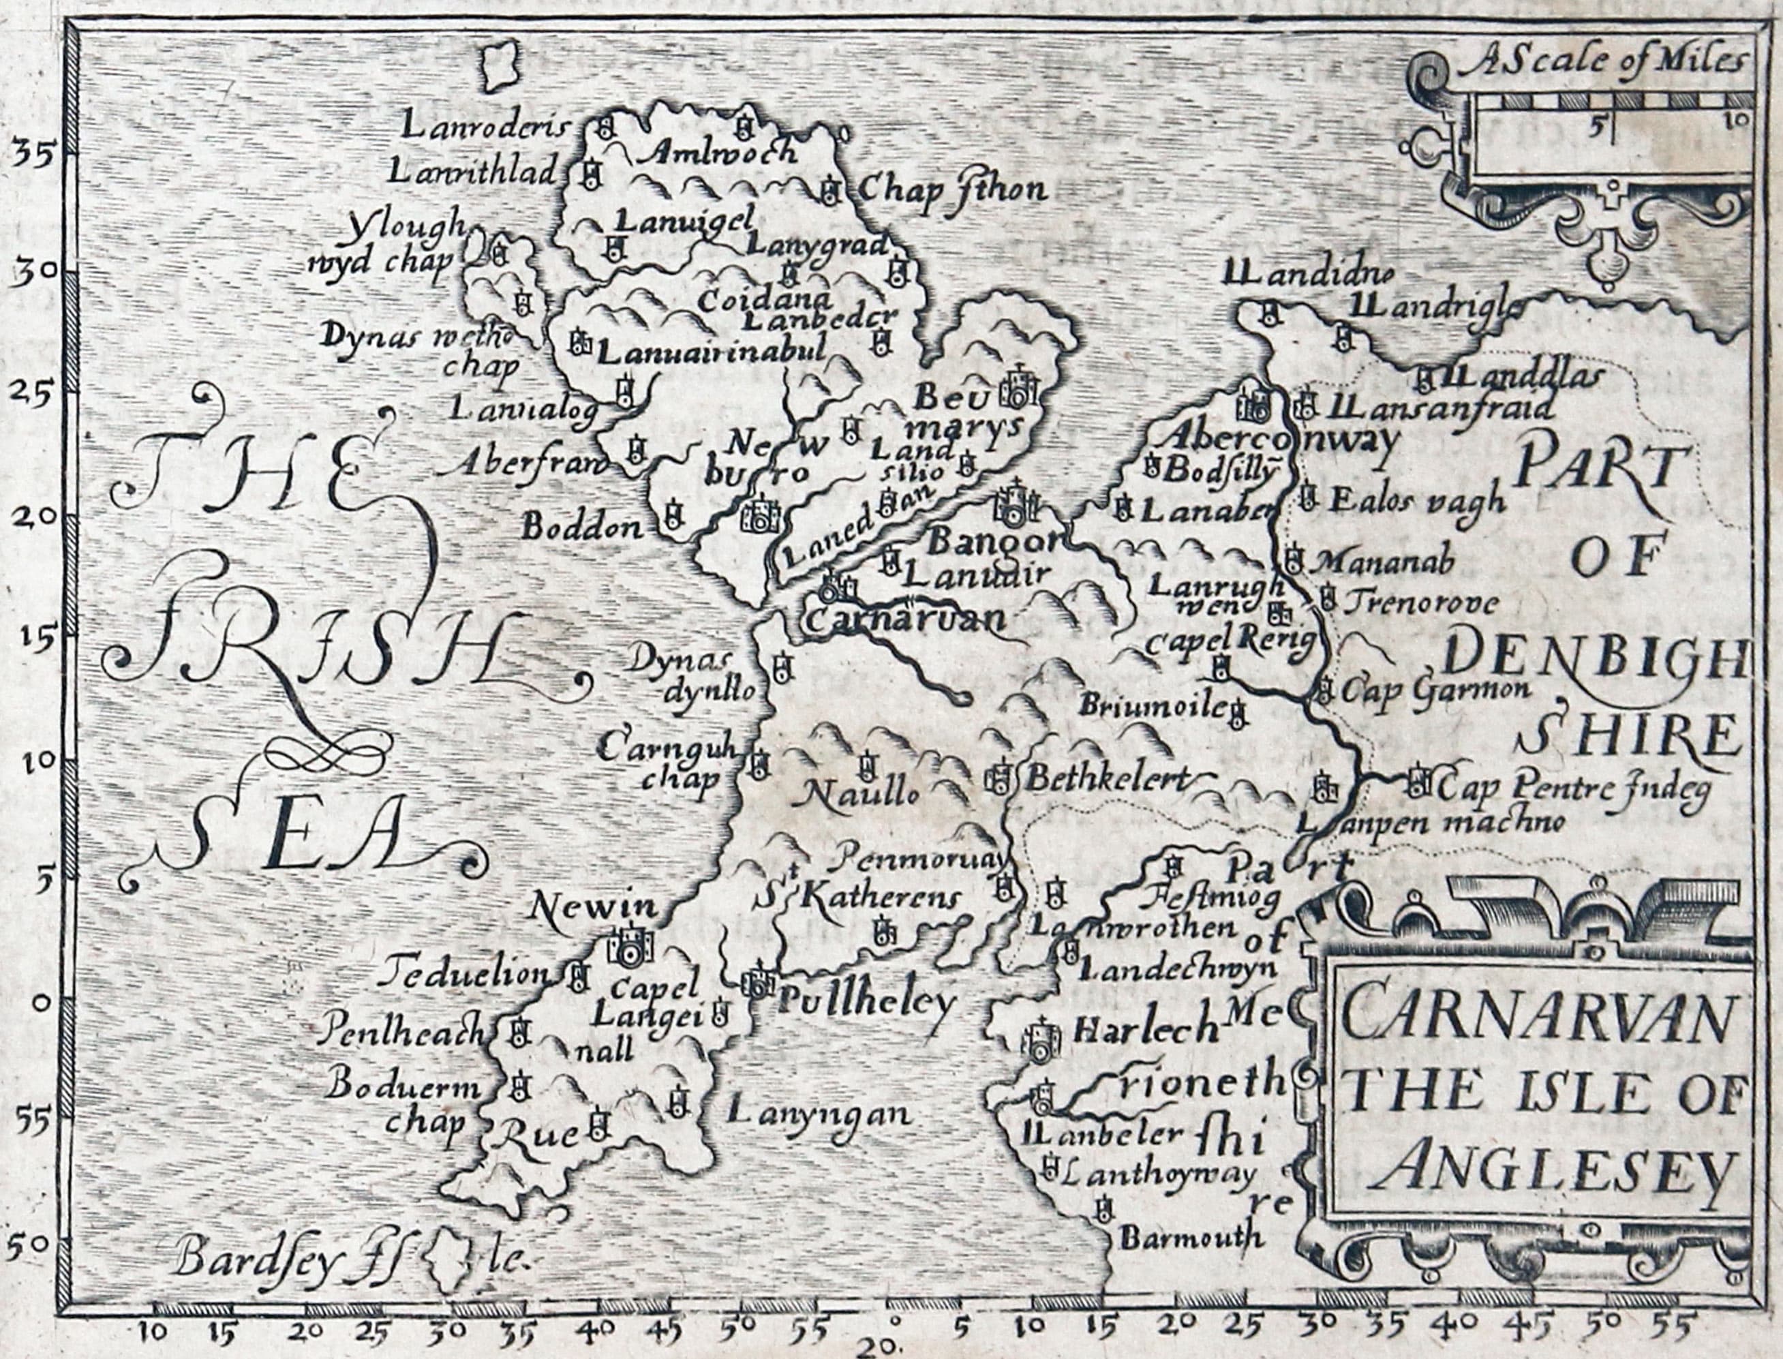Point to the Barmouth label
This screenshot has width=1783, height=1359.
pos(1191,1237)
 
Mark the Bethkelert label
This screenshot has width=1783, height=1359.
pos(1108,779)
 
